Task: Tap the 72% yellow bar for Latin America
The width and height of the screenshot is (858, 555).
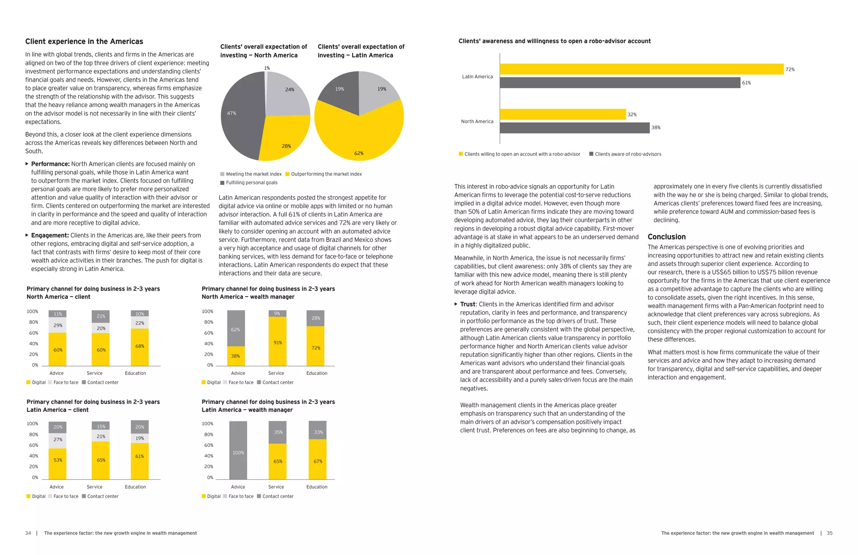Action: tap(641, 69)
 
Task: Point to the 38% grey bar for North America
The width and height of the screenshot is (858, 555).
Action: tap(574, 128)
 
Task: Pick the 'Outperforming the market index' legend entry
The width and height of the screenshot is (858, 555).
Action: tap(326, 174)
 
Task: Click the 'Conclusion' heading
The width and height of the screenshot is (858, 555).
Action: tap(667, 237)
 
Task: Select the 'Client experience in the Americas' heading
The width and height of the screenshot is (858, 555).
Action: tap(84, 41)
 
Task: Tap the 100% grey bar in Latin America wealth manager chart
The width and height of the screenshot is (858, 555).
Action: tap(238, 450)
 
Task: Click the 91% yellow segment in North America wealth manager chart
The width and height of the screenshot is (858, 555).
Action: tap(277, 341)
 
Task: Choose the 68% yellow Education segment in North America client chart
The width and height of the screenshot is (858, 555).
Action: tap(140, 347)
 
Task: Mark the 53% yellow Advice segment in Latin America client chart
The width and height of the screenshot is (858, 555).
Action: tap(57, 463)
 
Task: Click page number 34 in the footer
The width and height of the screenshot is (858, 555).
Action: tap(28, 533)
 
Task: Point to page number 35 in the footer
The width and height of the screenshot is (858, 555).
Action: tap(830, 533)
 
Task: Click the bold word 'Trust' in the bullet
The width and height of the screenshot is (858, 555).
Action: tap(468, 305)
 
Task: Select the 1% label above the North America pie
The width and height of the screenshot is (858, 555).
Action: tap(267, 68)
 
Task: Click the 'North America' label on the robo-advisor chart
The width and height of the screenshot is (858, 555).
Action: tap(477, 121)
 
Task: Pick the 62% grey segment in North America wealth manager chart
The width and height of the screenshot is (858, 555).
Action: tap(236, 328)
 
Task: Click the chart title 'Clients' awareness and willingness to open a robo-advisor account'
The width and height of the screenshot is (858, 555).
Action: tap(554, 41)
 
